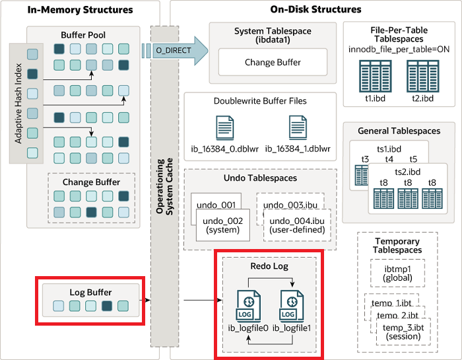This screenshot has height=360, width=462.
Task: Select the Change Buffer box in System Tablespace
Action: tap(273, 63)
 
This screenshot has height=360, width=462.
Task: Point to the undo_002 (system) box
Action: tap(222, 225)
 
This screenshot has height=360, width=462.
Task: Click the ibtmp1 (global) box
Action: tap(397, 273)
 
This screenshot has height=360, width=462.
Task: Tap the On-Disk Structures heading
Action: tap(315, 10)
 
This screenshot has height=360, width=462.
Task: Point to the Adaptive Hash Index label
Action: tap(18, 102)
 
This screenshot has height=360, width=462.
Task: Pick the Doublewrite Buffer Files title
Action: tap(260, 101)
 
